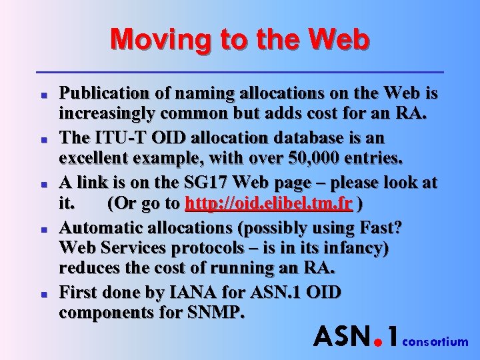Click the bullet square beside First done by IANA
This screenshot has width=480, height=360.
pos(42,294)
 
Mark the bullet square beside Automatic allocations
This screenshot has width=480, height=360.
pos(42,229)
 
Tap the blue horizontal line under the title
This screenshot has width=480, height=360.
pos(239,71)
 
